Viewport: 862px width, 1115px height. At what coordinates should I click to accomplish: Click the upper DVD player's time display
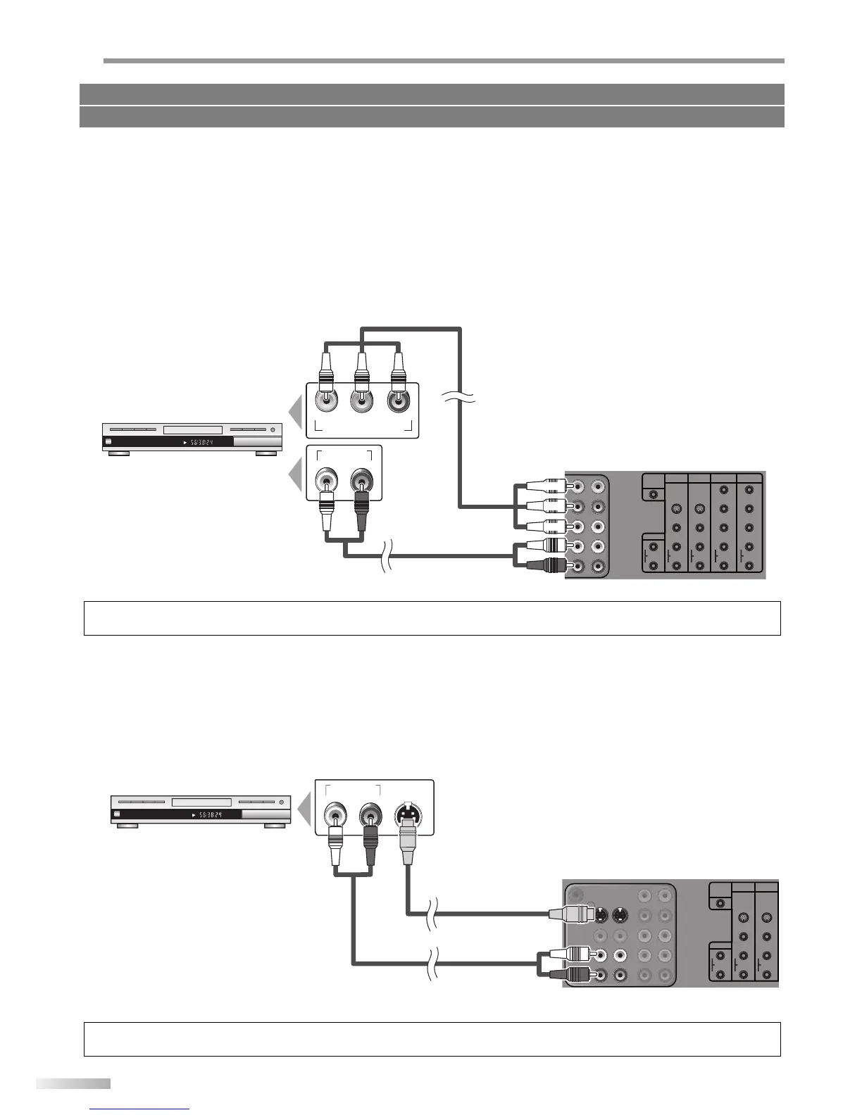pos(200,443)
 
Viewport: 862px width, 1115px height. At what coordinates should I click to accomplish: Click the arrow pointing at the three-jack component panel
pos(297,411)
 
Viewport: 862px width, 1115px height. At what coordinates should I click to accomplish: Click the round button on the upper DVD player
pos(272,429)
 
